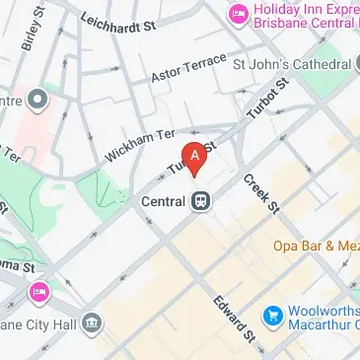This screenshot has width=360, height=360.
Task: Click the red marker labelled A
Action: [x=196, y=157]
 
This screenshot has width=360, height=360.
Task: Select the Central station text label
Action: [x=164, y=200]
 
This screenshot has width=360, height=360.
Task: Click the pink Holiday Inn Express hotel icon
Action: [x=237, y=14]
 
